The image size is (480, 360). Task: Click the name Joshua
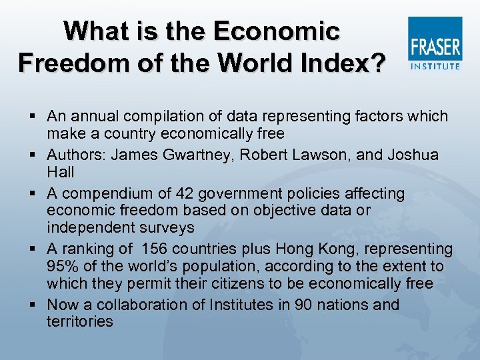pos(413,155)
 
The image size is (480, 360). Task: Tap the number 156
pos(157,249)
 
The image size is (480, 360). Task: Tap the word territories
pos(80,322)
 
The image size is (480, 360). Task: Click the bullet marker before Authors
pos(33,155)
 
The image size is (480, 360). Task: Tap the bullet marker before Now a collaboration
pos(33,305)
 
